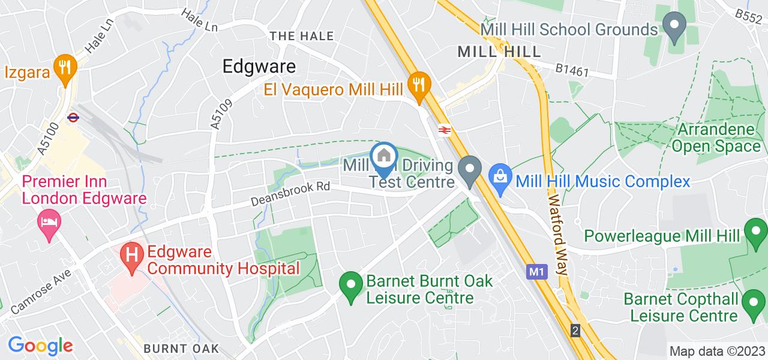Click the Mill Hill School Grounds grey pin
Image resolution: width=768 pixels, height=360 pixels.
674,28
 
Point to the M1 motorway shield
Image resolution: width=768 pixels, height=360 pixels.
536,272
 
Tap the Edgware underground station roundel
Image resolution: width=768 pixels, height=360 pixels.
74,118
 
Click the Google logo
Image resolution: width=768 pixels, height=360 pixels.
40,346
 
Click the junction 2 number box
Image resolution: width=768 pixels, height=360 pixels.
575,331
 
